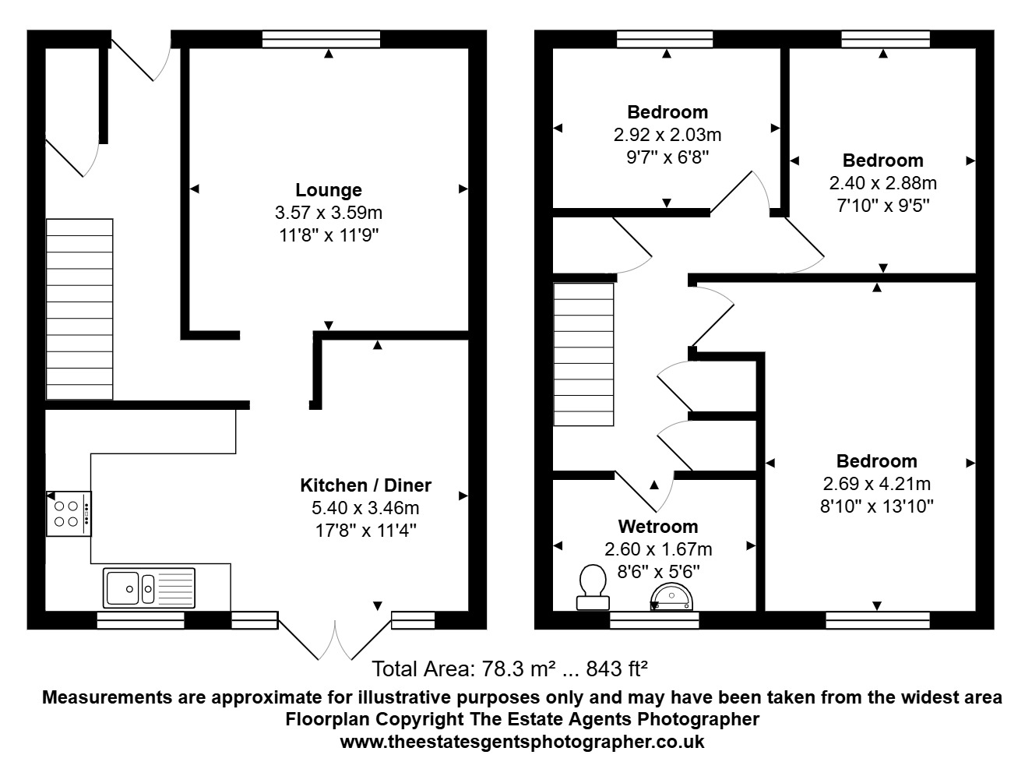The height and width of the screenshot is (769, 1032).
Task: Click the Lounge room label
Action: pyautogui.click(x=329, y=190)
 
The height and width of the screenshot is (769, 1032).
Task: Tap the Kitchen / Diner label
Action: pyautogui.click(x=366, y=485)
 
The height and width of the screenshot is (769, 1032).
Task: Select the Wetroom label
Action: pyautogui.click(x=658, y=527)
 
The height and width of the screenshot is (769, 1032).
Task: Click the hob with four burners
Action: pyautogui.click(x=69, y=513)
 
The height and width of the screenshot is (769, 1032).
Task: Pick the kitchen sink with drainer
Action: pyautogui.click(x=149, y=588)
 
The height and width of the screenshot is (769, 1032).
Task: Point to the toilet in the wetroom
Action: pyautogui.click(x=593, y=587)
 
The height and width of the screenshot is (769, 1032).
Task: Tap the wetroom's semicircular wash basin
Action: pyautogui.click(x=671, y=597)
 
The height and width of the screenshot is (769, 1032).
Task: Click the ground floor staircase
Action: pyautogui.click(x=79, y=309)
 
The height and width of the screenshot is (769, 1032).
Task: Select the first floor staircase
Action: pyautogui.click(x=583, y=355)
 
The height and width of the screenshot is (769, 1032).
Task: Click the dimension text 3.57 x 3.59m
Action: pyautogui.click(x=329, y=213)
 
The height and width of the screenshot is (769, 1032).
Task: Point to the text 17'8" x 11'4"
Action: pyautogui.click(x=366, y=531)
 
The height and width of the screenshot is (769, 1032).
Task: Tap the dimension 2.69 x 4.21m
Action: pyautogui.click(x=876, y=484)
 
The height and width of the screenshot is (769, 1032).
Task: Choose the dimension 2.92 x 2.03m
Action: pyautogui.click(x=667, y=135)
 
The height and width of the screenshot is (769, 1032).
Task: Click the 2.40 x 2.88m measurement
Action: pyautogui.click(x=882, y=183)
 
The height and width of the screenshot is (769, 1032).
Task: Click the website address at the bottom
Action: pyautogui.click(x=522, y=742)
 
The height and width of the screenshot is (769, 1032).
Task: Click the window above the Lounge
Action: pyautogui.click(x=321, y=39)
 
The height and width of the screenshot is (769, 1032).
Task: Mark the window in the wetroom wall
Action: pyautogui.click(x=654, y=620)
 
